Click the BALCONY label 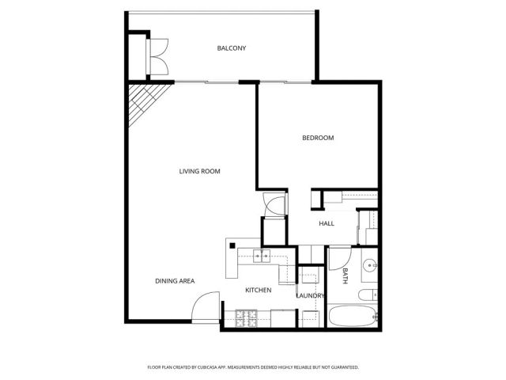tap(232, 48)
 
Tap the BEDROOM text tap(318, 138)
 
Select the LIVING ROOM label tap(199, 171)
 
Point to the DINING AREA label tap(175, 281)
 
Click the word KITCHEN tap(258, 291)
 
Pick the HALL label tap(327, 223)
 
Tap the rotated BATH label tap(346, 276)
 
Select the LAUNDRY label tap(310, 296)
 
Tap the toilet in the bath tap(368, 295)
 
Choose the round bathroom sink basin tap(369, 265)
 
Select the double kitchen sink tap(262, 256)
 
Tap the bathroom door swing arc tap(339, 259)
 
